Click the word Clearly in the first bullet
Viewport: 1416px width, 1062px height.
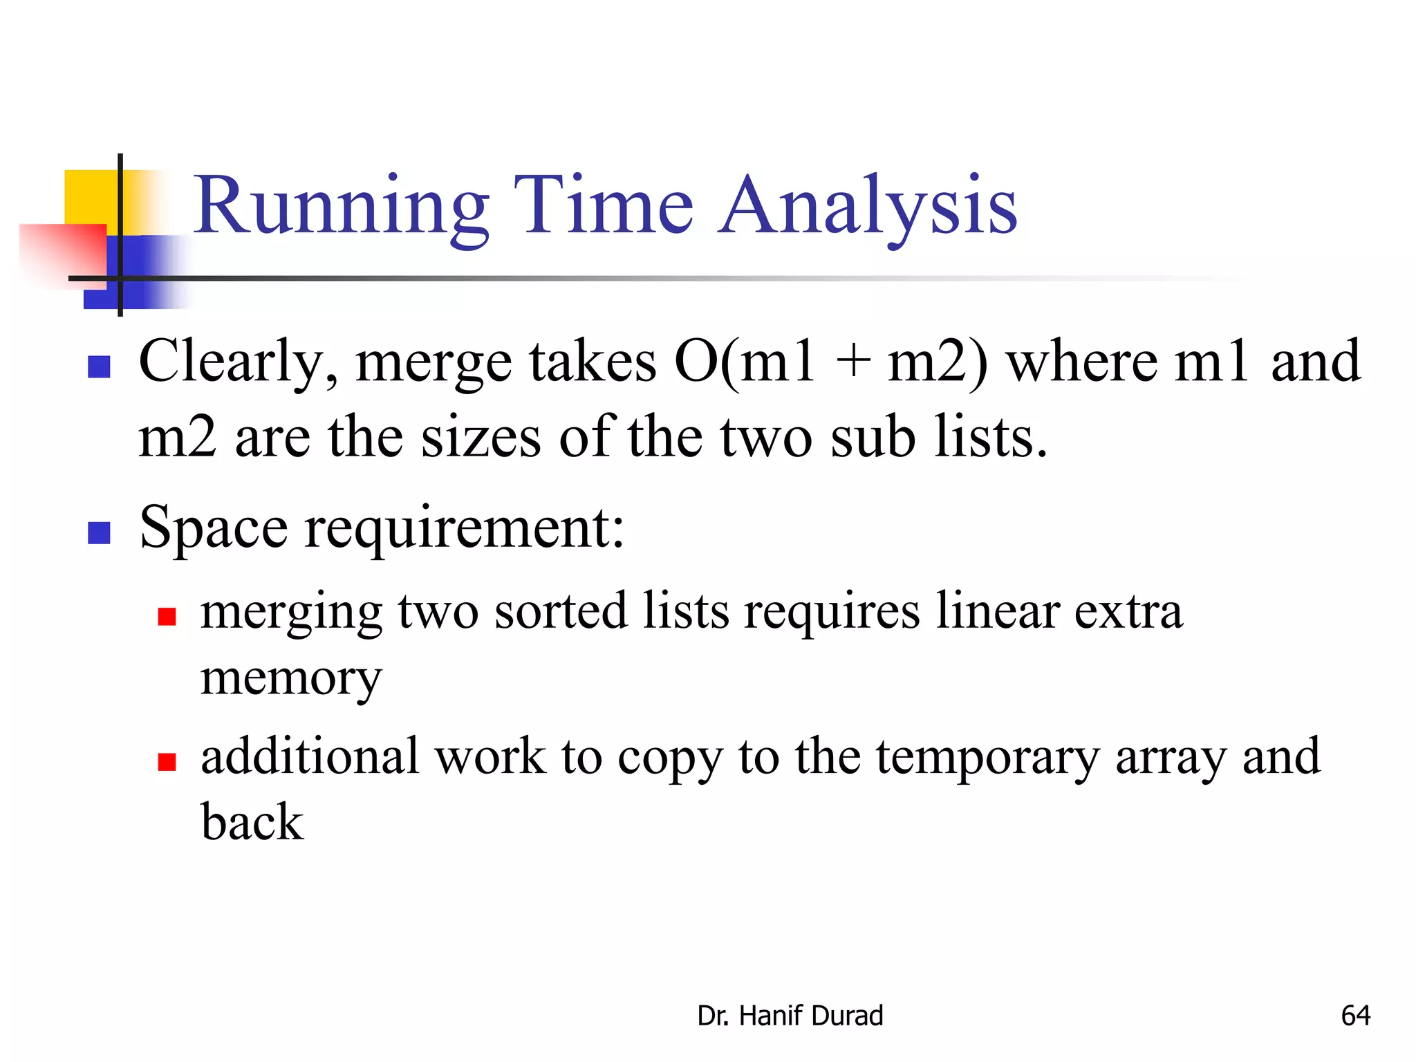pyautogui.click(x=239, y=362)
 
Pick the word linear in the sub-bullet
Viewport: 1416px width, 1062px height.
pyautogui.click(x=997, y=611)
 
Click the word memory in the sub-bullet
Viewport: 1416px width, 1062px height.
pyautogui.click(x=291, y=679)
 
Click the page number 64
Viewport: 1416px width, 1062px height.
pyautogui.click(x=1355, y=1016)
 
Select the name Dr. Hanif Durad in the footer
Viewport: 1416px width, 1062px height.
pyautogui.click(x=790, y=1016)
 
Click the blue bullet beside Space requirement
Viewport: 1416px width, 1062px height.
pyautogui.click(x=100, y=532)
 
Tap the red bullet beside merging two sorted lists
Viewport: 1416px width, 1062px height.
pyautogui.click(x=167, y=616)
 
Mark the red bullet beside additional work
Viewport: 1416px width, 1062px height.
pyautogui.click(x=167, y=762)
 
